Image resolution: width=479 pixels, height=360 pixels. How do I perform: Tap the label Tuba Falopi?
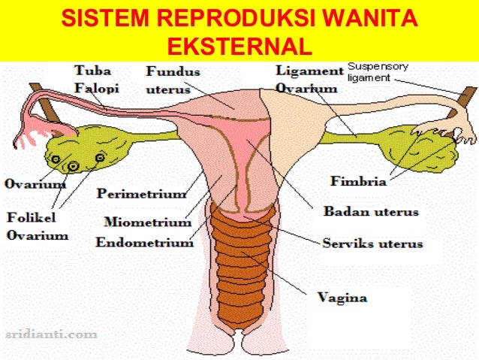[x=93, y=79]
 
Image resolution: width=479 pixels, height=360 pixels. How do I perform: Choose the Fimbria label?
[x=358, y=181]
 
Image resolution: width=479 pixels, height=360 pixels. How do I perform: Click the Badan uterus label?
[x=371, y=212]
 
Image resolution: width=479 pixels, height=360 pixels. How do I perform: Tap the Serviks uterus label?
[x=372, y=244]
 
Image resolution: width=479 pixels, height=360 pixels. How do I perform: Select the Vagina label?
[x=342, y=298]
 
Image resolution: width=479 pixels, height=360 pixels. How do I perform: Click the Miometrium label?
[x=148, y=222]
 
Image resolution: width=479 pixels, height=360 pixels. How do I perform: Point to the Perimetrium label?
[x=141, y=194]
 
